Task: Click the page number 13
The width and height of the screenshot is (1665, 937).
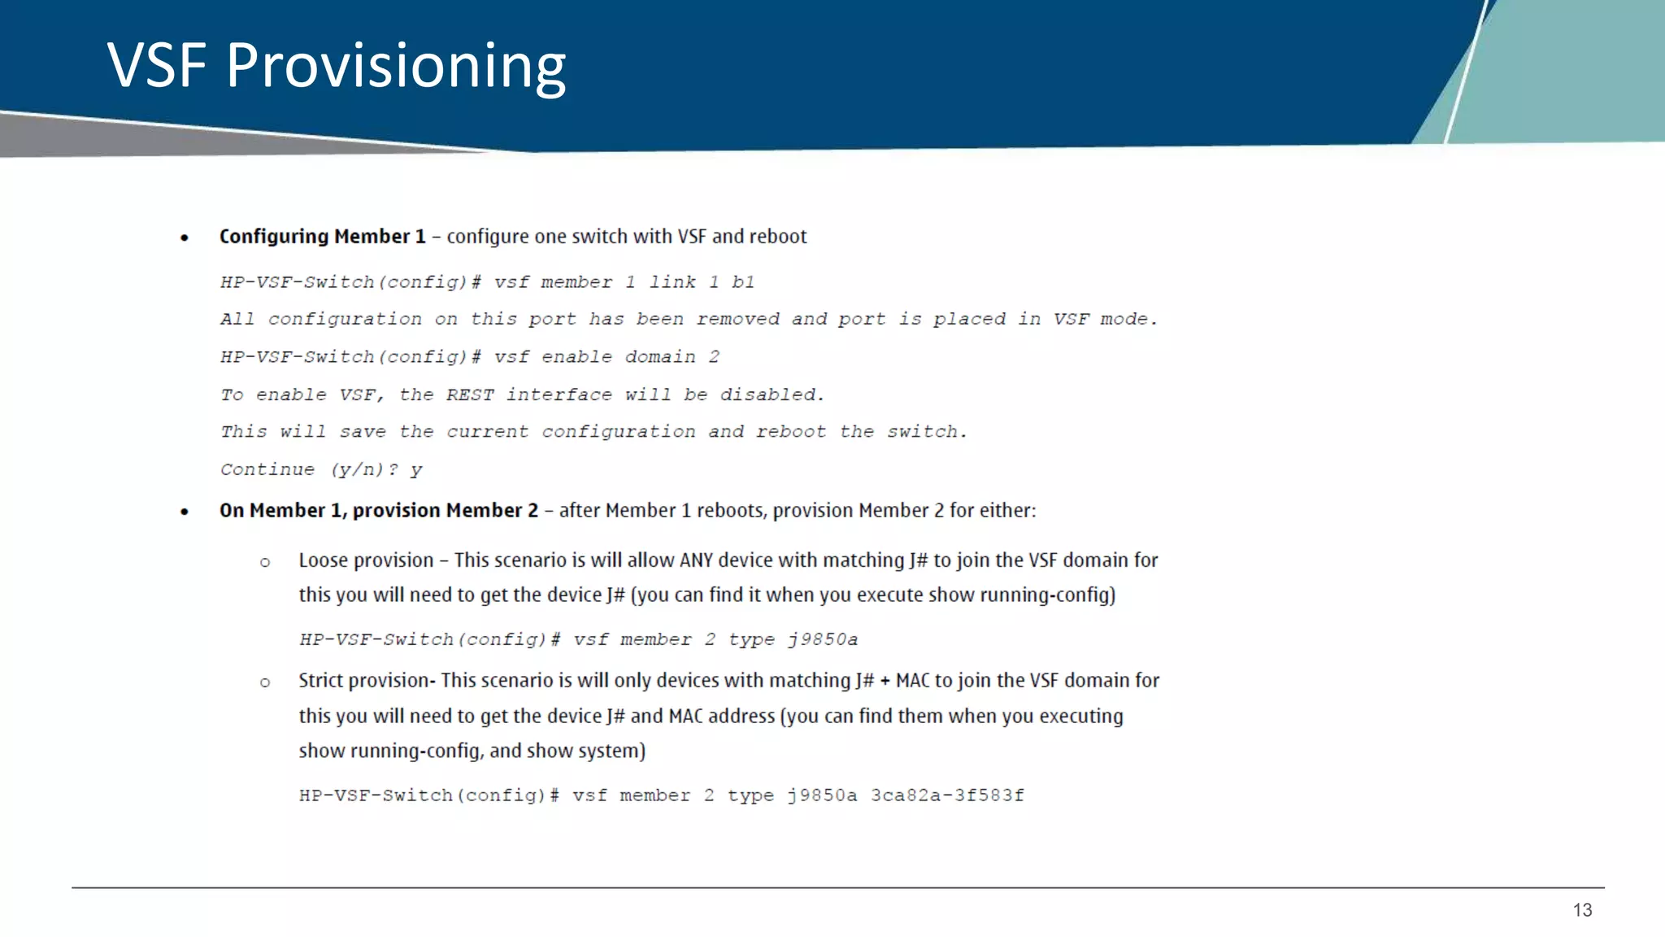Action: tap(1582, 910)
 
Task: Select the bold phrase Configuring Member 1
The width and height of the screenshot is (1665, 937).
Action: tap(322, 237)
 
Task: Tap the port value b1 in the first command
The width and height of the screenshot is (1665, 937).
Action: tap(743, 282)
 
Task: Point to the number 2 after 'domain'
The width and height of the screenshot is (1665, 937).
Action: tap(714, 357)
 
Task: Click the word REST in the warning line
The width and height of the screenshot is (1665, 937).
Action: tap(469, 394)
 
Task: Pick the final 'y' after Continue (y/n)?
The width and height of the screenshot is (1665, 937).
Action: tap(416, 470)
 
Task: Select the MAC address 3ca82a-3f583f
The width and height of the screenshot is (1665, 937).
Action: tap(947, 795)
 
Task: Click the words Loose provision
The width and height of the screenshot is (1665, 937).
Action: tap(366, 560)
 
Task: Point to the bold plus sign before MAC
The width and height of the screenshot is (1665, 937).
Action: tap(885, 682)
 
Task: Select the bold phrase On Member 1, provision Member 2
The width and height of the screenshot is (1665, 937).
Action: tap(379, 511)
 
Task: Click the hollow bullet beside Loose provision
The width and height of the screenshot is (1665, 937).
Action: tap(265, 562)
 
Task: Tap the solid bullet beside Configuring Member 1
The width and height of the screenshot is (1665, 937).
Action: tap(185, 238)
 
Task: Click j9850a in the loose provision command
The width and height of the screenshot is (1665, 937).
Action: tap(823, 639)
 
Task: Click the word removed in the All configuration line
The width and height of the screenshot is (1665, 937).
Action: tap(737, 319)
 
